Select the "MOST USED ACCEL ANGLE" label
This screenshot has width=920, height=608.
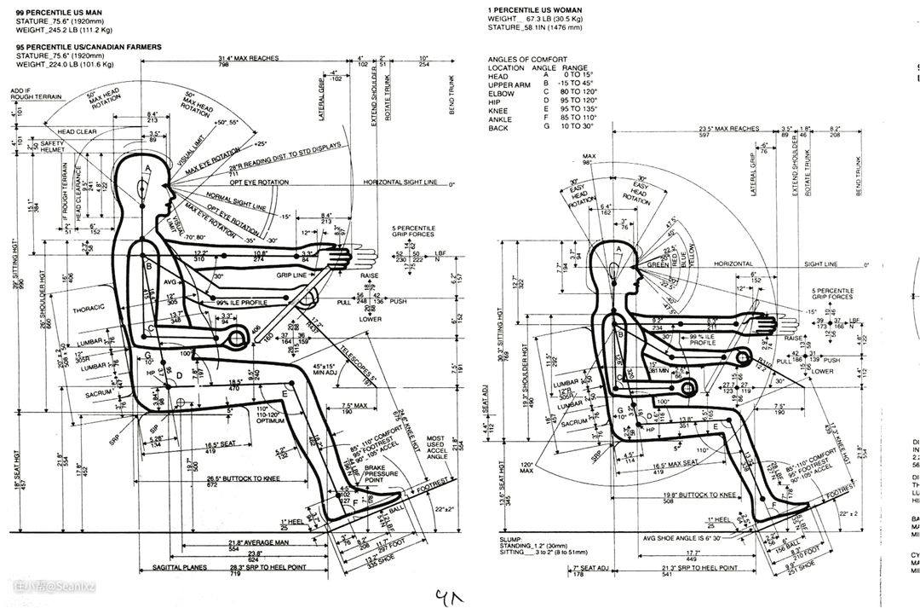435,449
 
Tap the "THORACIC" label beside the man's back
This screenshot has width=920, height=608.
88,309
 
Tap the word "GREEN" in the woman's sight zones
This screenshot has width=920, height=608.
658,264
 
